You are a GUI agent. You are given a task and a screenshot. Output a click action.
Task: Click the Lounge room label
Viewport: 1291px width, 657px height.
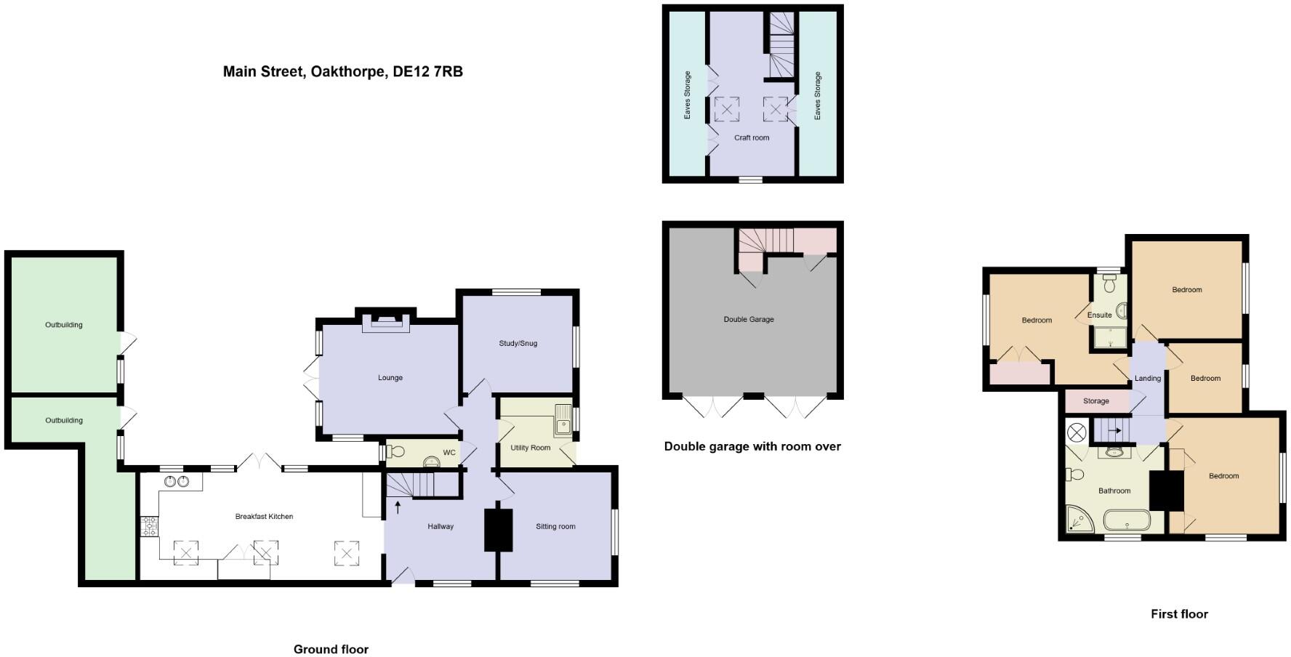click(x=390, y=378)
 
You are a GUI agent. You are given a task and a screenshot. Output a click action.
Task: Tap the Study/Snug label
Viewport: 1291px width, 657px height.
click(x=518, y=343)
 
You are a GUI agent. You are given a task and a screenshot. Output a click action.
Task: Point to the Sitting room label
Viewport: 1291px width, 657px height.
click(x=555, y=527)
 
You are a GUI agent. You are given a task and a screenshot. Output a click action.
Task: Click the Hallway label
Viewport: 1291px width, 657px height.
click(x=441, y=527)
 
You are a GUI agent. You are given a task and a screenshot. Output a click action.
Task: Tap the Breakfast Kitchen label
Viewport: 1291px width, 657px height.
click(x=264, y=517)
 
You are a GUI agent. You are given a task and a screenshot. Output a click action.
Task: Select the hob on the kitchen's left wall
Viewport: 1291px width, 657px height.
click(x=149, y=526)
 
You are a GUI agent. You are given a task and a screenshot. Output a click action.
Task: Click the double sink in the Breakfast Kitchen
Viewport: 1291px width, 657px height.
click(x=177, y=481)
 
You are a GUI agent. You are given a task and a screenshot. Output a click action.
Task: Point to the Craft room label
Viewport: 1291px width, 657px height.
click(x=752, y=137)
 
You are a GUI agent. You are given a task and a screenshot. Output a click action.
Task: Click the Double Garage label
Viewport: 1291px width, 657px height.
click(x=749, y=320)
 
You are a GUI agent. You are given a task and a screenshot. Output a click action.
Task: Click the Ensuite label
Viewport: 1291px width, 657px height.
click(x=1099, y=315)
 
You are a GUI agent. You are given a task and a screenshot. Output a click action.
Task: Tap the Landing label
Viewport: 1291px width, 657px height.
click(x=1148, y=379)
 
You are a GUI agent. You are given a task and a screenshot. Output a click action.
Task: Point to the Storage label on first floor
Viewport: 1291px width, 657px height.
click(x=1095, y=401)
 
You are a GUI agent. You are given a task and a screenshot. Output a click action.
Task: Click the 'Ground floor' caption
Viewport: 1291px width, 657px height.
click(x=331, y=650)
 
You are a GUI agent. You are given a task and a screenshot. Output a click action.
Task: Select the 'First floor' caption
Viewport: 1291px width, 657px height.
click(x=1179, y=614)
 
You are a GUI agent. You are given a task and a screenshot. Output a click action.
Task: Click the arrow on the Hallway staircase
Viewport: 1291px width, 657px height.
click(x=398, y=507)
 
